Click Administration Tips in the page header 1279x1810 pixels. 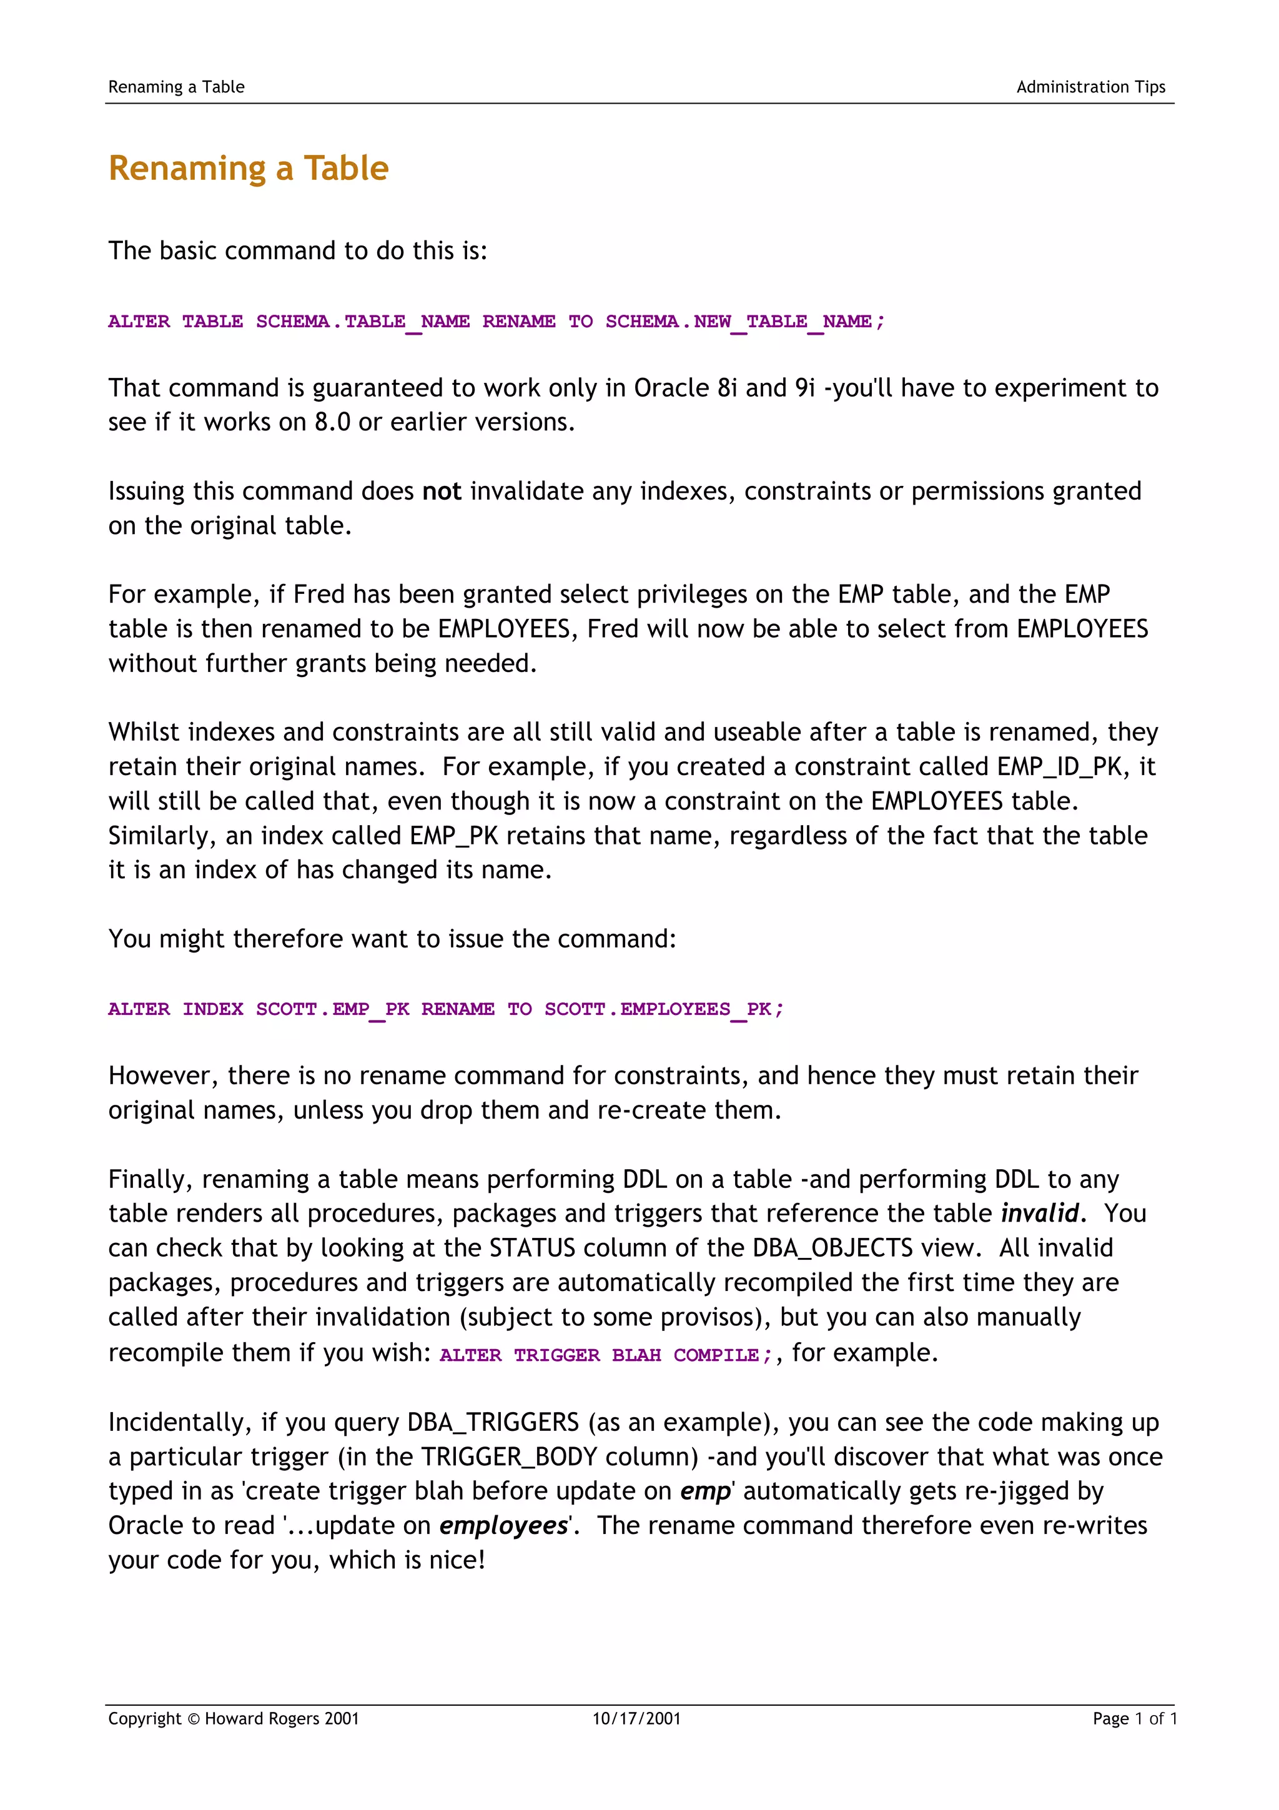(1090, 87)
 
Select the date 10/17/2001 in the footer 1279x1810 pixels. (636, 1719)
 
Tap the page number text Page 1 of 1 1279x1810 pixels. (1134, 1719)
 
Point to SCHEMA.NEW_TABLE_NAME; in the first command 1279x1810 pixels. (744, 322)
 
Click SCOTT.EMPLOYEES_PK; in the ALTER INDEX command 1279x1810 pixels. (663, 1009)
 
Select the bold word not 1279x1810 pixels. (442, 491)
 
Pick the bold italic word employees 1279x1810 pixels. (503, 1525)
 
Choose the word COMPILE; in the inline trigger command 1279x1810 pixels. (723, 1355)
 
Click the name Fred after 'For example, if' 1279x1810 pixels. (319, 595)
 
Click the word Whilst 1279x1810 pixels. (144, 733)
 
